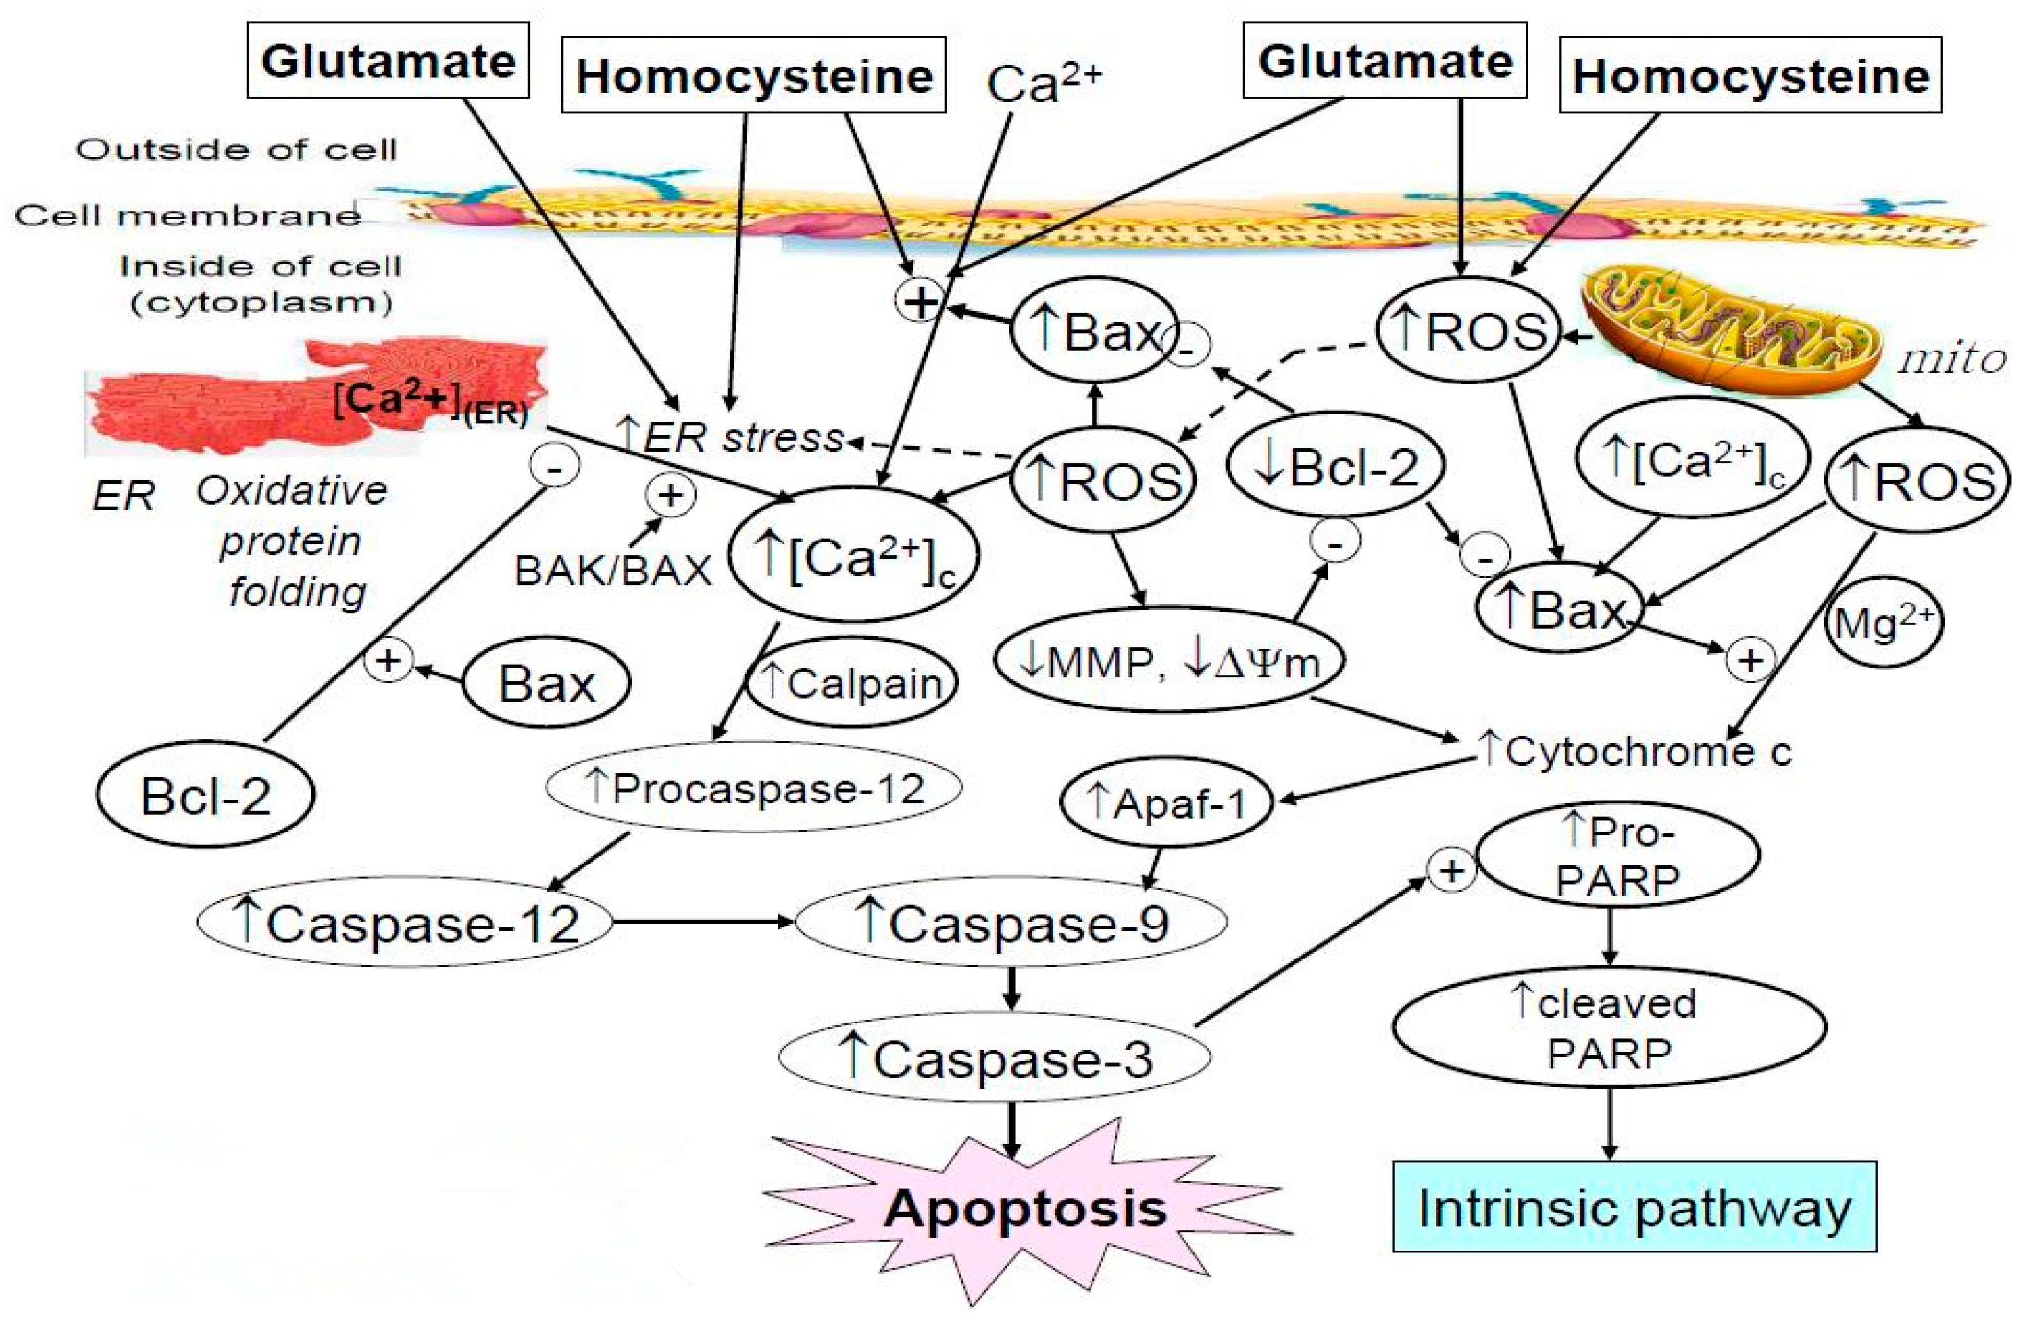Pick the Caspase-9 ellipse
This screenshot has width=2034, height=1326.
point(1011,922)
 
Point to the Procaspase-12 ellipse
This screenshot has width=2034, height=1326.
point(754,787)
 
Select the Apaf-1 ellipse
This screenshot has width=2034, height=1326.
point(1167,803)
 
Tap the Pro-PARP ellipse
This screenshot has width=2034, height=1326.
point(1618,855)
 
